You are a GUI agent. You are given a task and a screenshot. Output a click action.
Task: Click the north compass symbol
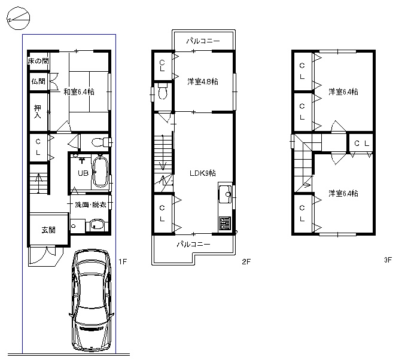pyautogui.click(x=18, y=18)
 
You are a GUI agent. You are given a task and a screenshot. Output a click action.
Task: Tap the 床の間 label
pyautogui.click(x=38, y=61)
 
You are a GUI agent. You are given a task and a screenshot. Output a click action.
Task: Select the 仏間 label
pyautogui.click(x=38, y=81)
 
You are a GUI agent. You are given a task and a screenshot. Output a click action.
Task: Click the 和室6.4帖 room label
pyautogui.click(x=79, y=91)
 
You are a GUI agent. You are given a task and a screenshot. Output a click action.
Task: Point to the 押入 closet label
pyautogui.click(x=38, y=112)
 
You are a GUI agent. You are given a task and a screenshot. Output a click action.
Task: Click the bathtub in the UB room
pyautogui.click(x=100, y=172)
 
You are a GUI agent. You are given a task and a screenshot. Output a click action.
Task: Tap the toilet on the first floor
pyautogui.click(x=101, y=142)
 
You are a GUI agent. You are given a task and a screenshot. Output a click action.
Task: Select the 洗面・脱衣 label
pyautogui.click(x=90, y=205)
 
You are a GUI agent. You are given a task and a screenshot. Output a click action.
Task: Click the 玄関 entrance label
pyautogui.click(x=48, y=230)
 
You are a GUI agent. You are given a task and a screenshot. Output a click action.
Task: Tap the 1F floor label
pyautogui.click(x=123, y=261)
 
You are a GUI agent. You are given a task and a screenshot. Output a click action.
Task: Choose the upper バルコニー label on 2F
pyautogui.click(x=203, y=41)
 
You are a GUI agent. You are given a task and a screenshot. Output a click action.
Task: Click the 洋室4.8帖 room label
pyautogui.click(x=203, y=81)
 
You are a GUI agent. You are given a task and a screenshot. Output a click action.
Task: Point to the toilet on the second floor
pyautogui.click(x=163, y=91)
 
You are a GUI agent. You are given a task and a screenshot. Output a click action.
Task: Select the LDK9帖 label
pyautogui.click(x=203, y=173)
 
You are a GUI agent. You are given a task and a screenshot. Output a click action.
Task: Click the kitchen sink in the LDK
pyautogui.click(x=226, y=194)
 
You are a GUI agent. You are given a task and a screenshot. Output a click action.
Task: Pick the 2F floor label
pyautogui.click(x=246, y=261)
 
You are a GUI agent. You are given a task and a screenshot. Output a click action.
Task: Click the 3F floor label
pyautogui.click(x=388, y=260)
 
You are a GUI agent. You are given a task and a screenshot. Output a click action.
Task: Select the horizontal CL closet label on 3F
pyautogui.click(x=362, y=144)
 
